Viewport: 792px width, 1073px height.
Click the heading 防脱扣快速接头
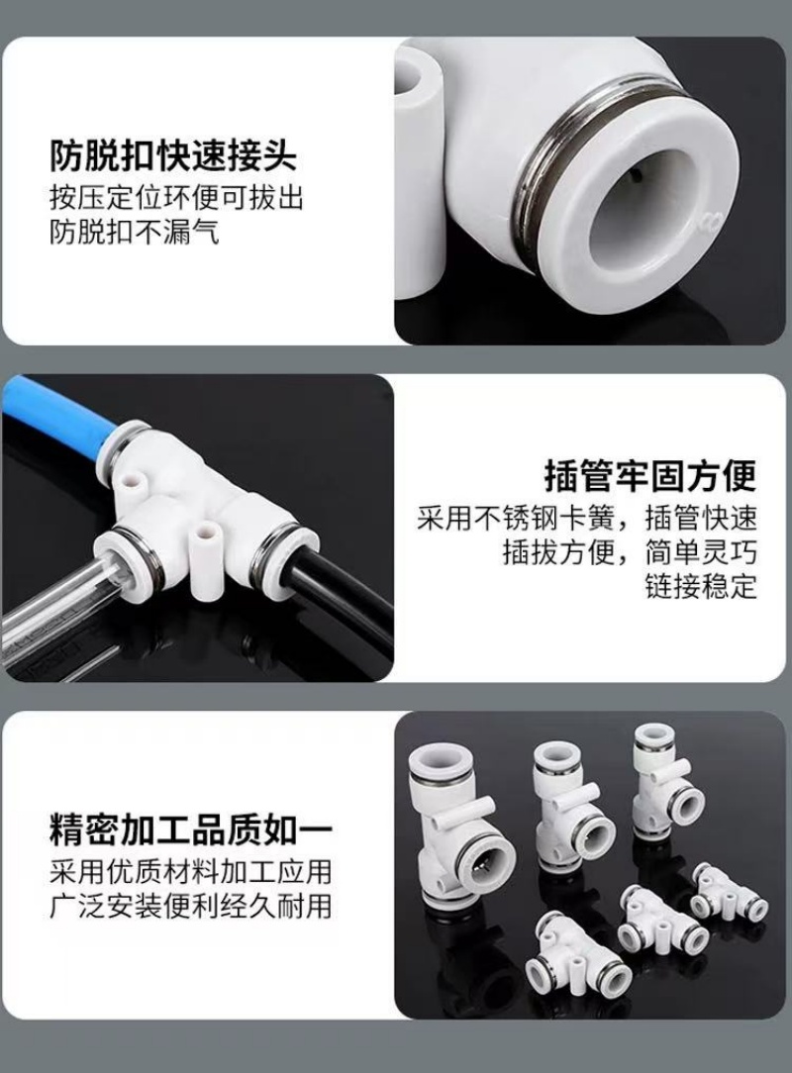[x=172, y=156]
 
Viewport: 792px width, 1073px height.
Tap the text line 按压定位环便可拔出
[x=176, y=198]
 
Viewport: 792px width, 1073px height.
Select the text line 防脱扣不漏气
[x=135, y=233]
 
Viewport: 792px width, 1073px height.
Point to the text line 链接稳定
[x=700, y=586]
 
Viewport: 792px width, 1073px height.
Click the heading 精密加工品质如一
[x=190, y=830]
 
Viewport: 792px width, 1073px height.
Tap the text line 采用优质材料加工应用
[x=190, y=872]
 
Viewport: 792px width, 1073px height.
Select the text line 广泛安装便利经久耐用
[x=190, y=906]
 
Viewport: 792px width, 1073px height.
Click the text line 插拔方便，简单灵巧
[x=630, y=552]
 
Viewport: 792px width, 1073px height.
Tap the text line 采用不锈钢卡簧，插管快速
[x=587, y=518]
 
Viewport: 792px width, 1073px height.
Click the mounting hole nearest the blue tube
[x=133, y=479]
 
